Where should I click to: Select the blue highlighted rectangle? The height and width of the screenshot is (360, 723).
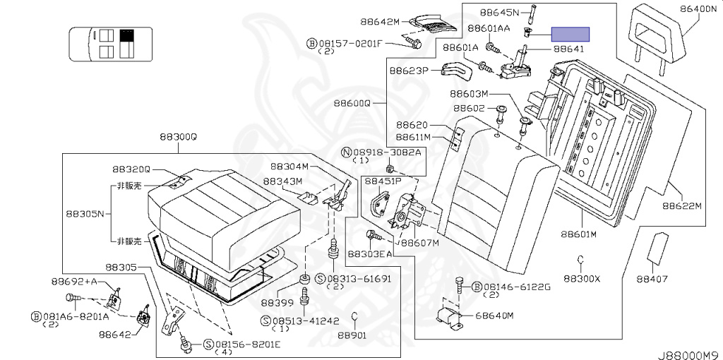[570, 34]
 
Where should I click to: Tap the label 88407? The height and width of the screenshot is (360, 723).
[651, 279]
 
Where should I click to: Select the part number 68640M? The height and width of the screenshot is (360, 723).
[494, 315]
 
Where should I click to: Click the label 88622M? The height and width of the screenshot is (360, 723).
[681, 206]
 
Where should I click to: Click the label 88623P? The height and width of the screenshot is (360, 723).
[409, 71]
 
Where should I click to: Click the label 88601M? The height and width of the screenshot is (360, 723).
[579, 234]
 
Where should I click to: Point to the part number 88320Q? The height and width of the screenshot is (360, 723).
[131, 169]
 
